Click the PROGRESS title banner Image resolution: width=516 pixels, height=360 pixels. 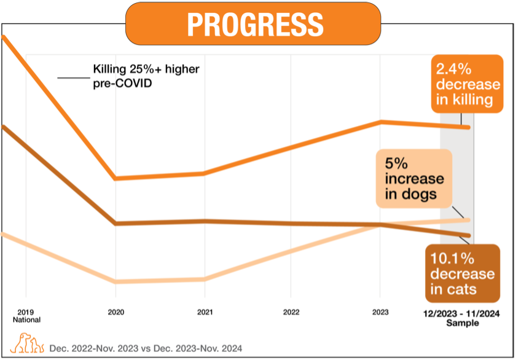253,24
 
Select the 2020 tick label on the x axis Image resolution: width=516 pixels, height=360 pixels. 116,312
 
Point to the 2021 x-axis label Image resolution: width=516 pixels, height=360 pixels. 205,312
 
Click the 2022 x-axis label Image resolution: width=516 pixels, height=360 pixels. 291,312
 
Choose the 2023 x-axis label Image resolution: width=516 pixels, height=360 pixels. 380,312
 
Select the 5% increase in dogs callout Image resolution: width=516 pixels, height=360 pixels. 413,179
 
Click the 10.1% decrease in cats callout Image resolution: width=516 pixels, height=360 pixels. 462,273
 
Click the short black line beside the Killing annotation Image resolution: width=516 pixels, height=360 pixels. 72,78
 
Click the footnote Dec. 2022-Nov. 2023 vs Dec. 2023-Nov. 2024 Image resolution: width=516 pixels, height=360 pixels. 146,348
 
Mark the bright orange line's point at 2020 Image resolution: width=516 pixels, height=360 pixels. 115,179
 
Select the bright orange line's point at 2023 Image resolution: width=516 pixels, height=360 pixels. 380,122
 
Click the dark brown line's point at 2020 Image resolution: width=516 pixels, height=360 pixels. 115,223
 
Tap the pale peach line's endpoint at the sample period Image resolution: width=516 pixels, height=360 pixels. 469,219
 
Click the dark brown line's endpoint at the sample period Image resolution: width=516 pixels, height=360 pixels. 469,235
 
